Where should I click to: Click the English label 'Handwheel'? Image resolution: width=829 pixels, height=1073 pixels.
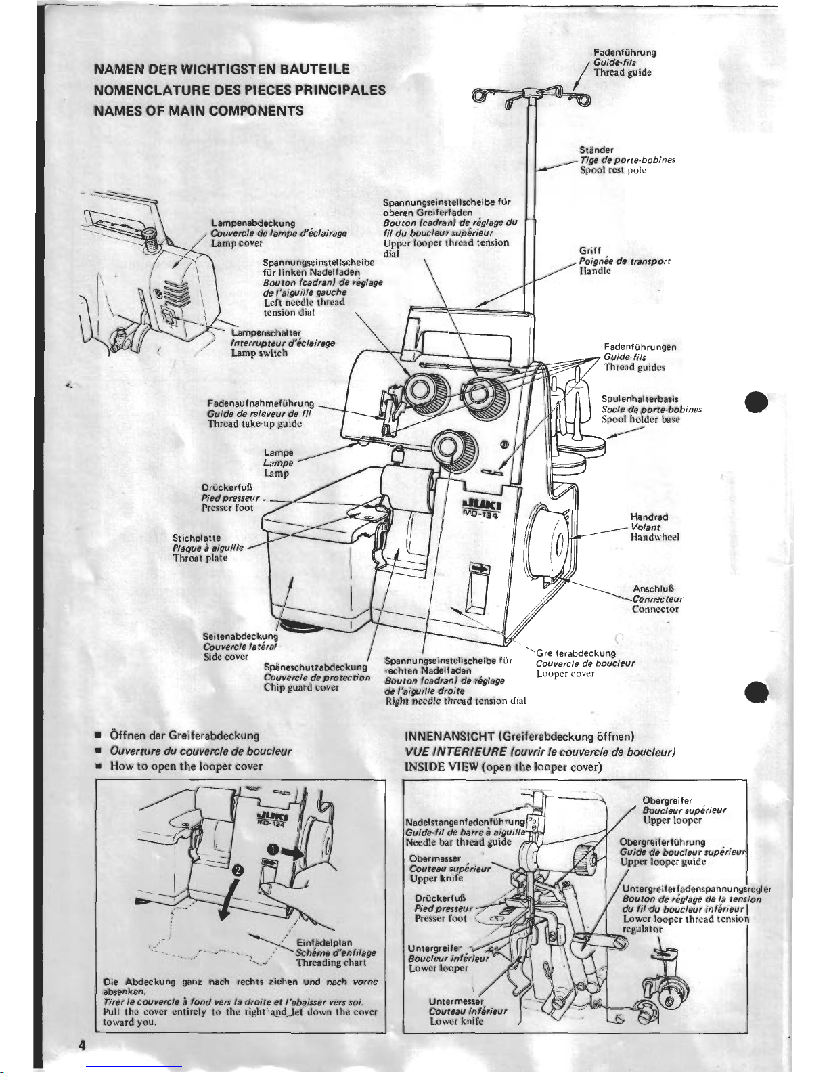coord(654,538)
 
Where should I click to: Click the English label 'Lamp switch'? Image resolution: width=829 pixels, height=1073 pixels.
coord(259,353)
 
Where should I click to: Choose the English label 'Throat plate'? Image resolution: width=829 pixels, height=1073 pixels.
coord(200,559)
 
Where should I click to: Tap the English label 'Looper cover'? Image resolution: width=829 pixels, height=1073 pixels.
coord(565,674)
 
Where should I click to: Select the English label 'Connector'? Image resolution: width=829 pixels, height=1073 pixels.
coord(655,609)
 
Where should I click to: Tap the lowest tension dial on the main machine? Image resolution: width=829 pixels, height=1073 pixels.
coord(448,447)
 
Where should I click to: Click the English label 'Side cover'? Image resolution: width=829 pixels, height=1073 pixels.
coord(226,657)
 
